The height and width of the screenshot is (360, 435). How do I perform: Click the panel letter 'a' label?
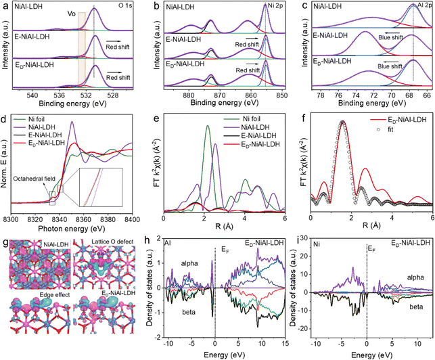point(5,5)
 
